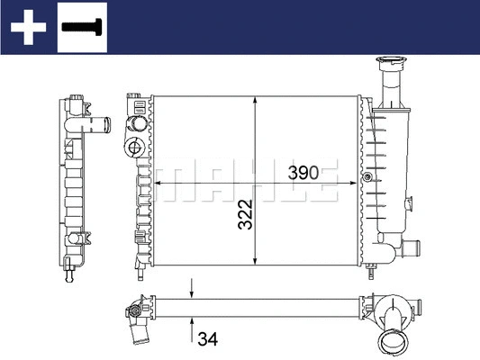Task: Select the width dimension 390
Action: coord(303,173)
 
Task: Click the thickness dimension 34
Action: coord(207,339)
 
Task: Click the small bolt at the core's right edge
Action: coord(367,177)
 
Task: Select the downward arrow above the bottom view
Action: coord(191,289)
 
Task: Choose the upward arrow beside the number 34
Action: coord(191,323)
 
